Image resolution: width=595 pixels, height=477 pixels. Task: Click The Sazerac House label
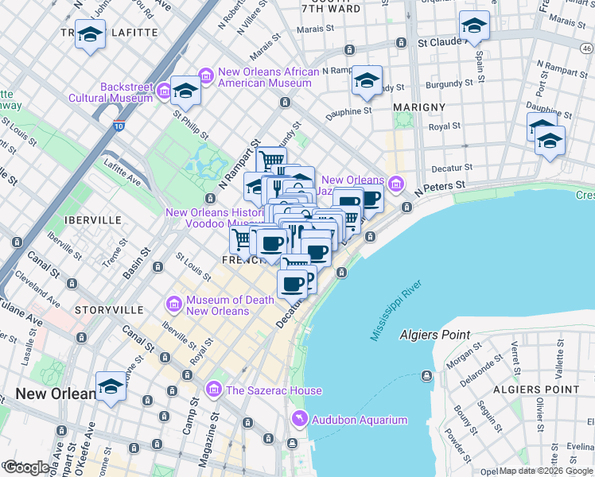pyautogui.click(x=274, y=390)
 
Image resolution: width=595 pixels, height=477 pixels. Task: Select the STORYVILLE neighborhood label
pyautogui.click(x=109, y=309)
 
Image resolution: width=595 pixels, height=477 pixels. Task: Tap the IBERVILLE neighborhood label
pyautogui.click(x=95, y=219)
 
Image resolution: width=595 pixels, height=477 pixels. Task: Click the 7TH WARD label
pyautogui.click(x=331, y=9)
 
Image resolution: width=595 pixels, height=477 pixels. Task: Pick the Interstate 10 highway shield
pyautogui.click(x=119, y=126)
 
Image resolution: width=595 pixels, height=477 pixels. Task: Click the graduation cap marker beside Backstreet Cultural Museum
pyautogui.click(x=186, y=91)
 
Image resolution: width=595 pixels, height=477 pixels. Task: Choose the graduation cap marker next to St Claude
pyautogui.click(x=474, y=25)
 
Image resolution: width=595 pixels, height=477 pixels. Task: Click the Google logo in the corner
pyautogui.click(x=26, y=467)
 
